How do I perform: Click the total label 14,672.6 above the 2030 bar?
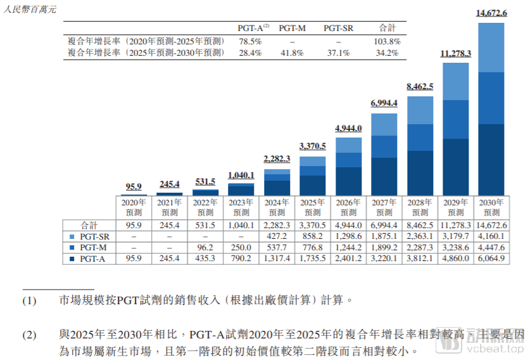coord(491,13)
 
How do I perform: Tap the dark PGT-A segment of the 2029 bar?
coord(455,166)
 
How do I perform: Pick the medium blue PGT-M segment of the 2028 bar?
coord(420,137)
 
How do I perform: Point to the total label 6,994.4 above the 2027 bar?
coord(384,103)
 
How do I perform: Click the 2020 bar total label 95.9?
coord(134,186)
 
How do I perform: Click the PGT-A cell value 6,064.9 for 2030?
coord(491,258)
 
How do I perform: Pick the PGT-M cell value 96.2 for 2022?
coord(205,247)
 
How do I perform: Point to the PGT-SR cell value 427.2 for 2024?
coord(277,236)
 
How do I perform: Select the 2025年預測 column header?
coord(312,207)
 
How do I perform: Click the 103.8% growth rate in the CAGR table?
coord(387,41)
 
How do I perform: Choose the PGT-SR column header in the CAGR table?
coord(338,29)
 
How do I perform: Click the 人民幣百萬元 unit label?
coord(29,9)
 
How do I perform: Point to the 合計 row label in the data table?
coord(89,225)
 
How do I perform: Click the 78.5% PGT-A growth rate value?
coord(250,41)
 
